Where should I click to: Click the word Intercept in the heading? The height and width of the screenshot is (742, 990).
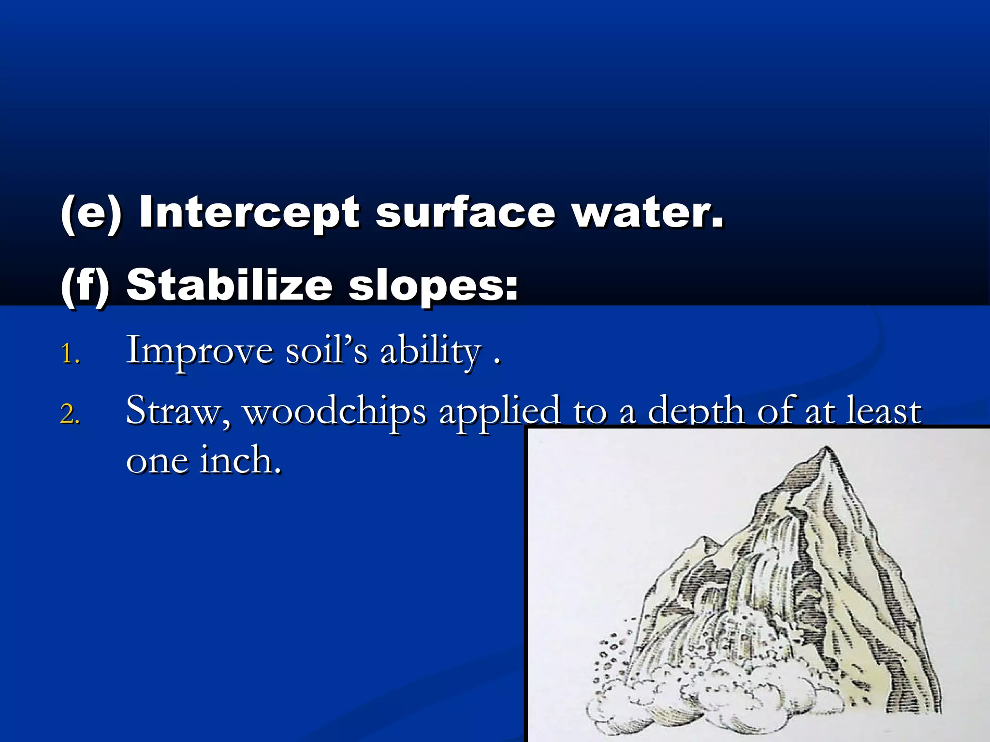[248, 213]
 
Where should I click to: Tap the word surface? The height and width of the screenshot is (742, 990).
[465, 213]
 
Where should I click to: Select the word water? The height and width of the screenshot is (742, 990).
[648, 213]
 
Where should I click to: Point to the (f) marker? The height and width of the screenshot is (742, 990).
[85, 286]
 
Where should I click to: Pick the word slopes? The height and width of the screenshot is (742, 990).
[433, 286]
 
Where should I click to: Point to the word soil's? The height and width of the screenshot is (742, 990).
[326, 350]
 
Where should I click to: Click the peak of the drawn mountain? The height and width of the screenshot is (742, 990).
[827, 450]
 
